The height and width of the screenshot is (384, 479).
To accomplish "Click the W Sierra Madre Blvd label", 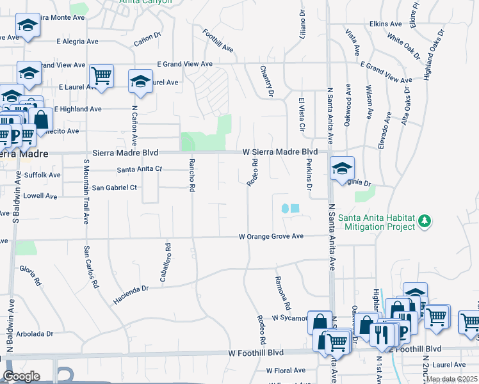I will click(x=280, y=152).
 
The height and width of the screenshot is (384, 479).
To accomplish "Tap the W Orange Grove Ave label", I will click(x=271, y=236).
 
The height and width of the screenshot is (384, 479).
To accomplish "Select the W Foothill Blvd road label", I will click(x=256, y=353).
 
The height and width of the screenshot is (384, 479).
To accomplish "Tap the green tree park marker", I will click(x=423, y=221).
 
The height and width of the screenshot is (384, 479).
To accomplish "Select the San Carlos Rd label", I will click(x=91, y=268).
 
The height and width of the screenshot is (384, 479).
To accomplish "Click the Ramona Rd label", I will click(x=283, y=292).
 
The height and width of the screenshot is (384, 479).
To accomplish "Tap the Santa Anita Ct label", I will click(x=140, y=170).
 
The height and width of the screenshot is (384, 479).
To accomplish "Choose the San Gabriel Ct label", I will click(x=115, y=188).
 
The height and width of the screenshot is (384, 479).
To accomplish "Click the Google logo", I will click(x=21, y=376).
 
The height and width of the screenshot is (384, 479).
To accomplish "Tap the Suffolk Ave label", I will click(x=42, y=175).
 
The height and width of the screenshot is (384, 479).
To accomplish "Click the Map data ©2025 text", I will click(x=451, y=380).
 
